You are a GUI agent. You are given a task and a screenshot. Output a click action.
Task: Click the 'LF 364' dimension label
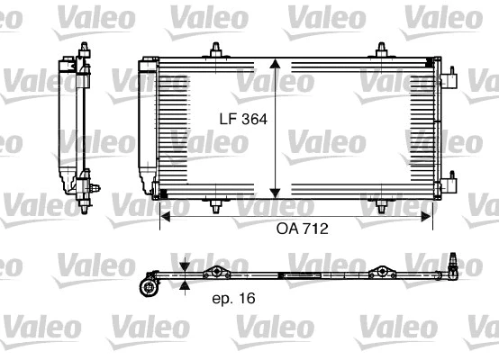tap(241, 118)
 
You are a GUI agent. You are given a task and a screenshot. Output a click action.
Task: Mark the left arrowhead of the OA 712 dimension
tap(164, 214)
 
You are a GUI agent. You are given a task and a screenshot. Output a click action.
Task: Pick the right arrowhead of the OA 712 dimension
tap(429, 214)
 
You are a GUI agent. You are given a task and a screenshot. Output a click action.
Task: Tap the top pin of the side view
tap(83, 49)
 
